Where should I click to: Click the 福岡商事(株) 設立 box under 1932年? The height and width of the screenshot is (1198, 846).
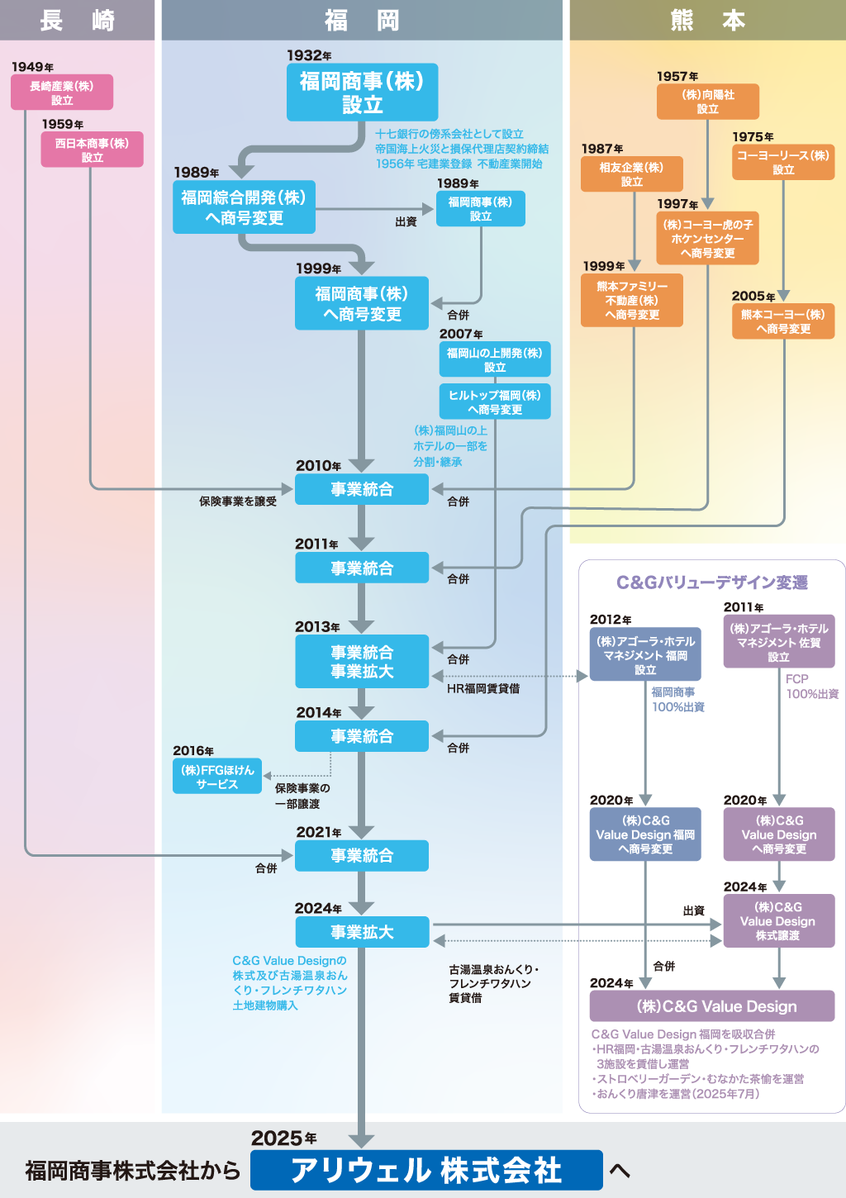[362, 93]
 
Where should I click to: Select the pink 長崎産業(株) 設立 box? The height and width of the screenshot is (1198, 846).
[62, 93]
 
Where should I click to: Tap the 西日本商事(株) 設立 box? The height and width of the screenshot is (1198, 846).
[92, 150]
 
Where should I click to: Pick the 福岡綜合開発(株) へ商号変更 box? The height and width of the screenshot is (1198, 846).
[244, 207]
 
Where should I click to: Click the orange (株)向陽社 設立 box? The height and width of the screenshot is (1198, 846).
[708, 102]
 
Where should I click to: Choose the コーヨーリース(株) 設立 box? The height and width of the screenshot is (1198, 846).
[783, 162]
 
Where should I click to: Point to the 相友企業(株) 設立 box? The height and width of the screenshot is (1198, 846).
[632, 174]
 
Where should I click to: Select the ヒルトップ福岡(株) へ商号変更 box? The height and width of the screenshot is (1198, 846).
[495, 402]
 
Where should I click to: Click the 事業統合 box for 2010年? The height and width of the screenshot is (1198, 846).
[362, 489]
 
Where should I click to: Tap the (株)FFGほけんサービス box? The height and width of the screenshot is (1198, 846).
[217, 777]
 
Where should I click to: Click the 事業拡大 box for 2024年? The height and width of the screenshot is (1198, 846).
[362, 932]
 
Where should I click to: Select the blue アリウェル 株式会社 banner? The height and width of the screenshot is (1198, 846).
[426, 1170]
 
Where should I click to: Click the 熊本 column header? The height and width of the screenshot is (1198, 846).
[707, 20]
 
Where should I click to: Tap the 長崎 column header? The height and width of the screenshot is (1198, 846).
[77, 20]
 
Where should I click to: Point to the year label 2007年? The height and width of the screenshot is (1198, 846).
[461, 334]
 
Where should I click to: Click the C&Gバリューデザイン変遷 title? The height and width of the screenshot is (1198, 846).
[712, 582]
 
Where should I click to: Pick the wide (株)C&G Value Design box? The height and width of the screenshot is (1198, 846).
[712, 1006]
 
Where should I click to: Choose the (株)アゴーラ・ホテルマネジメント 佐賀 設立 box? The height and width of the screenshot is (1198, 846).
[779, 642]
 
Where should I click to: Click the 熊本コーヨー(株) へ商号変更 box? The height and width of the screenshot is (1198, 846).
[783, 321]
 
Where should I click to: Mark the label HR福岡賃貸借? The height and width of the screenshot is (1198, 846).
[483, 688]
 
